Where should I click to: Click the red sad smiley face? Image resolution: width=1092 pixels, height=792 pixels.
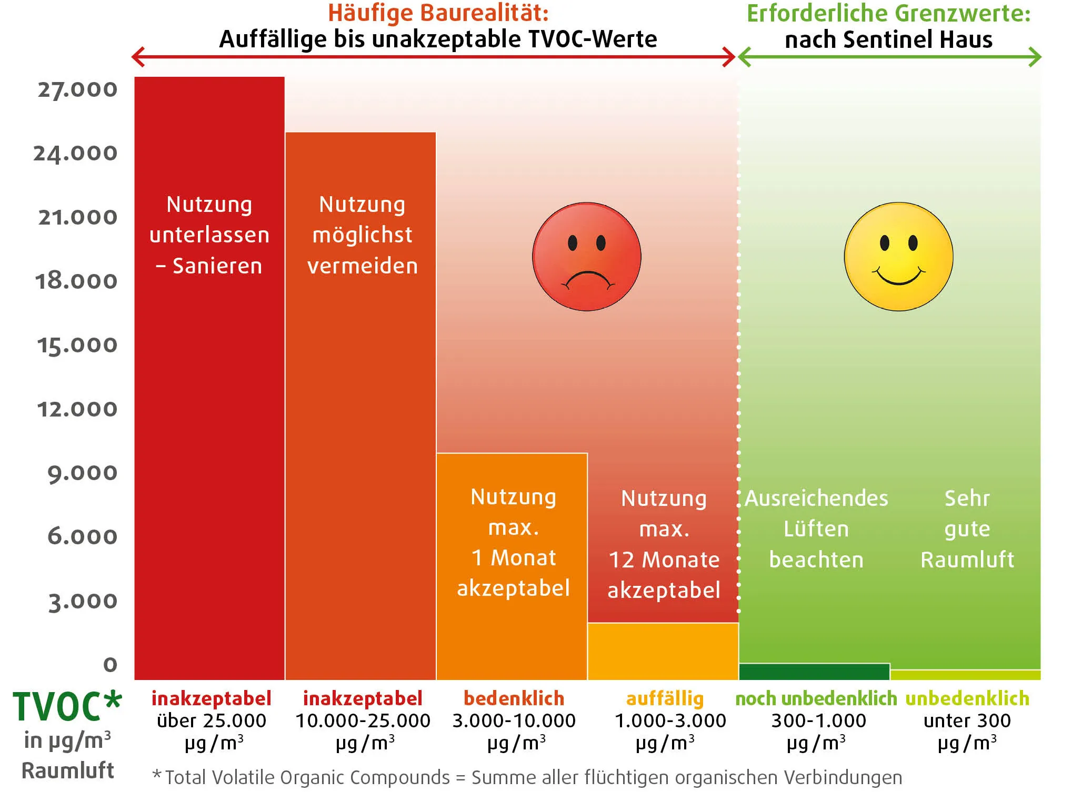pos(586,257)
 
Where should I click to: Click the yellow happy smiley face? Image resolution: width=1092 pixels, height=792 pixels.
pos(898,257)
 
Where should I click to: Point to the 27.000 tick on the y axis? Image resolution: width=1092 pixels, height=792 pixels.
pos(77,89)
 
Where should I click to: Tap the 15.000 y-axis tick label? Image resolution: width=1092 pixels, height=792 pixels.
pos(77,345)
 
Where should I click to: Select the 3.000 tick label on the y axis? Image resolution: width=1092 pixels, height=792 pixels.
pos(83,601)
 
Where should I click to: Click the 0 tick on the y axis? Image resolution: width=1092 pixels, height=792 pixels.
pos(110,664)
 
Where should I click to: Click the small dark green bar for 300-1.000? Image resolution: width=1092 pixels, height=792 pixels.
pos(814,672)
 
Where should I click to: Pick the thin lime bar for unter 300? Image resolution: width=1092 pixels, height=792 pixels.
pos(965,675)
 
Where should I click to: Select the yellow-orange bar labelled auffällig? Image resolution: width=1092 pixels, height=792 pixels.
pos(663,651)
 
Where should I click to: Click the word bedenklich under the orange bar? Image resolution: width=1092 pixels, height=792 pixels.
pos(514,698)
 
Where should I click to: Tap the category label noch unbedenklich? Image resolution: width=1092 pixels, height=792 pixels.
pos(816,698)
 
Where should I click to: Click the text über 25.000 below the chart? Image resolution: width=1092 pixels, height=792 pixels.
pos(212,720)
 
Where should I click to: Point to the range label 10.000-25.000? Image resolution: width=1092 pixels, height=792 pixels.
pos(363,720)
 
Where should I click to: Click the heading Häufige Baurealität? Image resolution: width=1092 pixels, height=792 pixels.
pos(438,13)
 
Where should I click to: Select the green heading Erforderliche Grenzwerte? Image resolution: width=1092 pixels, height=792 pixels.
pos(888,13)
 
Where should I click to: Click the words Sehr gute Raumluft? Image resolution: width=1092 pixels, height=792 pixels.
pos(967,529)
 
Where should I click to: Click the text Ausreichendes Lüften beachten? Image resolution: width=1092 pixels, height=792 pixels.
pos(816,529)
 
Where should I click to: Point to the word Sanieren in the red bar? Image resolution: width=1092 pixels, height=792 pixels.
pos(217,266)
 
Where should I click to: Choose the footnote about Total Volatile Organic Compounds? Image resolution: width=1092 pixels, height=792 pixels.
pos(526,777)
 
